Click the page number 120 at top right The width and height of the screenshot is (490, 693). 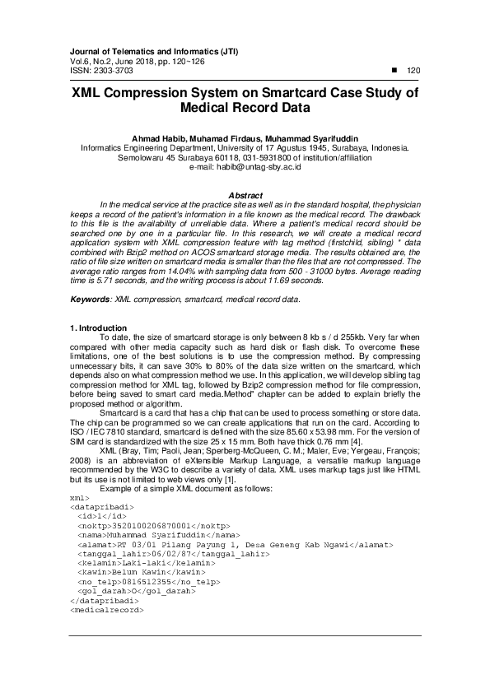click(414, 71)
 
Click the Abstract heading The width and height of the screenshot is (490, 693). click(245, 195)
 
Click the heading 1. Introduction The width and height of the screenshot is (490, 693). click(98, 328)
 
